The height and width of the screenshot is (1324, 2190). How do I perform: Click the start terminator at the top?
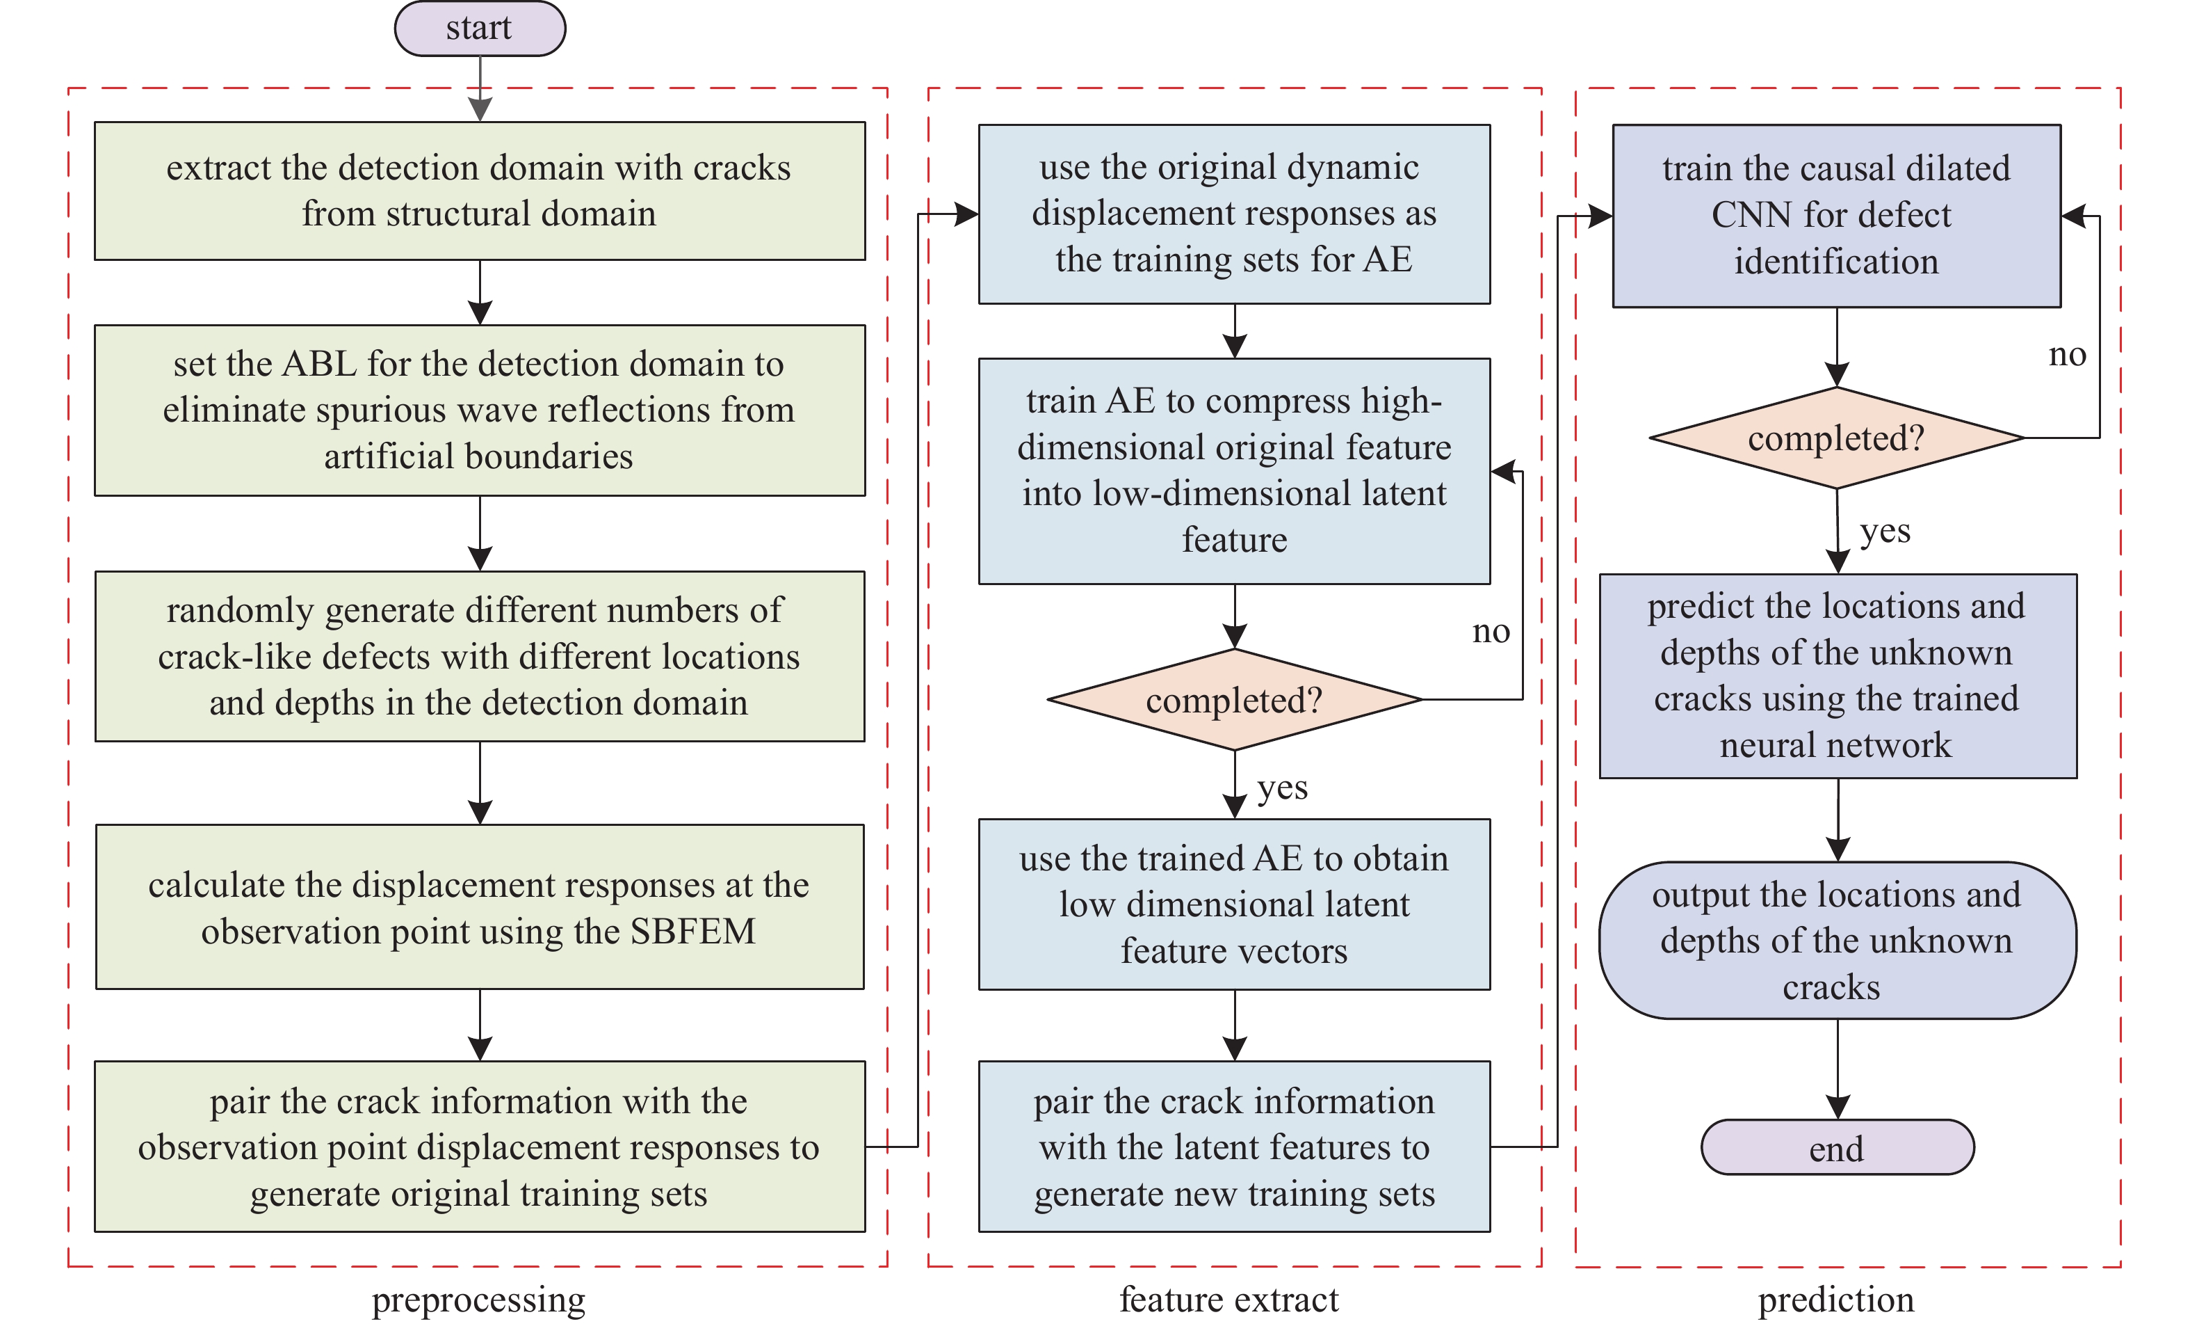coord(479,29)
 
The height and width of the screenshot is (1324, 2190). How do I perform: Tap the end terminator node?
coord(1836,1147)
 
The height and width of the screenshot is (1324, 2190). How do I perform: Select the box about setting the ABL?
coord(479,410)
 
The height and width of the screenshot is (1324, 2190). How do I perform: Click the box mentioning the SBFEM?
coord(479,907)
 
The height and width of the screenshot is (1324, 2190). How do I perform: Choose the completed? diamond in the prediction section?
coord(1836,438)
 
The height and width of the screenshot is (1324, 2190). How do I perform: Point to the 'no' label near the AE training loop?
coord(1491,631)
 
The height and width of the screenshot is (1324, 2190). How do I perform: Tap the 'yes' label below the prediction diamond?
coord(1884,531)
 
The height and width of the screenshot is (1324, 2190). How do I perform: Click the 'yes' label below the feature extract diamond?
coord(1281,787)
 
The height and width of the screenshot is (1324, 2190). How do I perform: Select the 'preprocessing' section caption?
coord(478,1299)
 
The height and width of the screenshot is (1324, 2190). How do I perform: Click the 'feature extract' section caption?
coord(1228,1299)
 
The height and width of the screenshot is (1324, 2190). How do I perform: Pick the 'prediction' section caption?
coord(1835,1299)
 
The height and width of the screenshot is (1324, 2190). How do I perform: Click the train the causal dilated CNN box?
coord(1836,215)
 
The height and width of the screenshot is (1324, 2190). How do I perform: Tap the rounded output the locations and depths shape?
coord(1836,940)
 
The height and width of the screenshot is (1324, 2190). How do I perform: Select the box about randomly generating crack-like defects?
coord(479,656)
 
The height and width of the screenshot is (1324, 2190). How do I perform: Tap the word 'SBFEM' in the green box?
coord(692,931)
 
